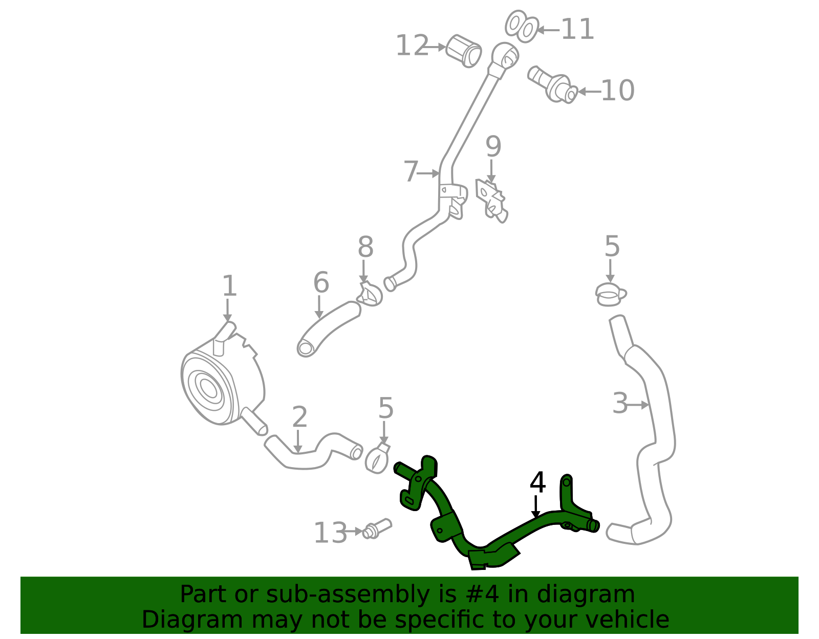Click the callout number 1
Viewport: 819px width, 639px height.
(x=229, y=286)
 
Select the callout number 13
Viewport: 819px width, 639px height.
(x=330, y=533)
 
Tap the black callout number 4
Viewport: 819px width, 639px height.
(x=537, y=483)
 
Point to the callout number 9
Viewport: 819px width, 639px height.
(x=493, y=147)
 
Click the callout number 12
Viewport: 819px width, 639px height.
(x=412, y=46)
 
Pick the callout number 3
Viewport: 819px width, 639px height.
(x=620, y=404)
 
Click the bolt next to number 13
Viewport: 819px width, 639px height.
(x=377, y=529)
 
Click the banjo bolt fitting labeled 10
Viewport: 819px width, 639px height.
(x=553, y=84)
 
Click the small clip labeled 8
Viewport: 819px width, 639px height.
(x=370, y=294)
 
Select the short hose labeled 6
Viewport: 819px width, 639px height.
(x=328, y=328)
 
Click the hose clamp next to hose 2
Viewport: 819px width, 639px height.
(x=377, y=458)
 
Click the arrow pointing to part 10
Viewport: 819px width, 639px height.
(x=589, y=92)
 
